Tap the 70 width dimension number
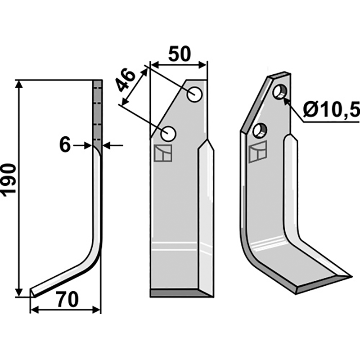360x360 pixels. click(68, 300)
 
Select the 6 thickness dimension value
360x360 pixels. click(65, 145)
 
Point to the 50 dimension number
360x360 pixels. click(180, 54)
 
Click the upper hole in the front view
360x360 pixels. click(195, 94)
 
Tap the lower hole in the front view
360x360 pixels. click(168, 133)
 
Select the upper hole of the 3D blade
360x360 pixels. click(280, 92)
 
